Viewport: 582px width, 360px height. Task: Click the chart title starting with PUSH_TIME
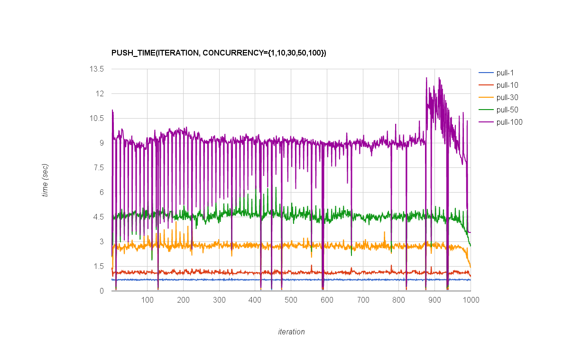pyautogui.click(x=219, y=53)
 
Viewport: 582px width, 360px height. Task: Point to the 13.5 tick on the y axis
pyautogui.click(x=97, y=69)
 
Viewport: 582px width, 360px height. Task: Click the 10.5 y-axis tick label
pyautogui.click(x=97, y=118)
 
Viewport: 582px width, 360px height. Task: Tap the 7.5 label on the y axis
pyautogui.click(x=99, y=167)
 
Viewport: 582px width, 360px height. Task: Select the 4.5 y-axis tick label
pyautogui.click(x=99, y=217)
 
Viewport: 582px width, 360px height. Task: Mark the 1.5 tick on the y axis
pyautogui.click(x=99, y=266)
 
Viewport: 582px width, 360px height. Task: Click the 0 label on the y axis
pyautogui.click(x=102, y=291)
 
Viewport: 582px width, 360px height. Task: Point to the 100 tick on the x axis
pyautogui.click(x=147, y=300)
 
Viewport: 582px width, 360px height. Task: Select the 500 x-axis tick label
pyautogui.click(x=291, y=300)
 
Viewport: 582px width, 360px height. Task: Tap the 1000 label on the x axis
pyautogui.click(x=471, y=300)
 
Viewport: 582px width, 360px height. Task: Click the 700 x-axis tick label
pyautogui.click(x=363, y=300)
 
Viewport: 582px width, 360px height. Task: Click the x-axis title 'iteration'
pyautogui.click(x=291, y=332)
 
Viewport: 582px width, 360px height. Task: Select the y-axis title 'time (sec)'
pyautogui.click(x=45, y=180)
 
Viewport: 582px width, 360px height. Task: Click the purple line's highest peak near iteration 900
pyautogui.click(x=426, y=77)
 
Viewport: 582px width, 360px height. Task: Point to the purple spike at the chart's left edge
pyautogui.click(x=112, y=110)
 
